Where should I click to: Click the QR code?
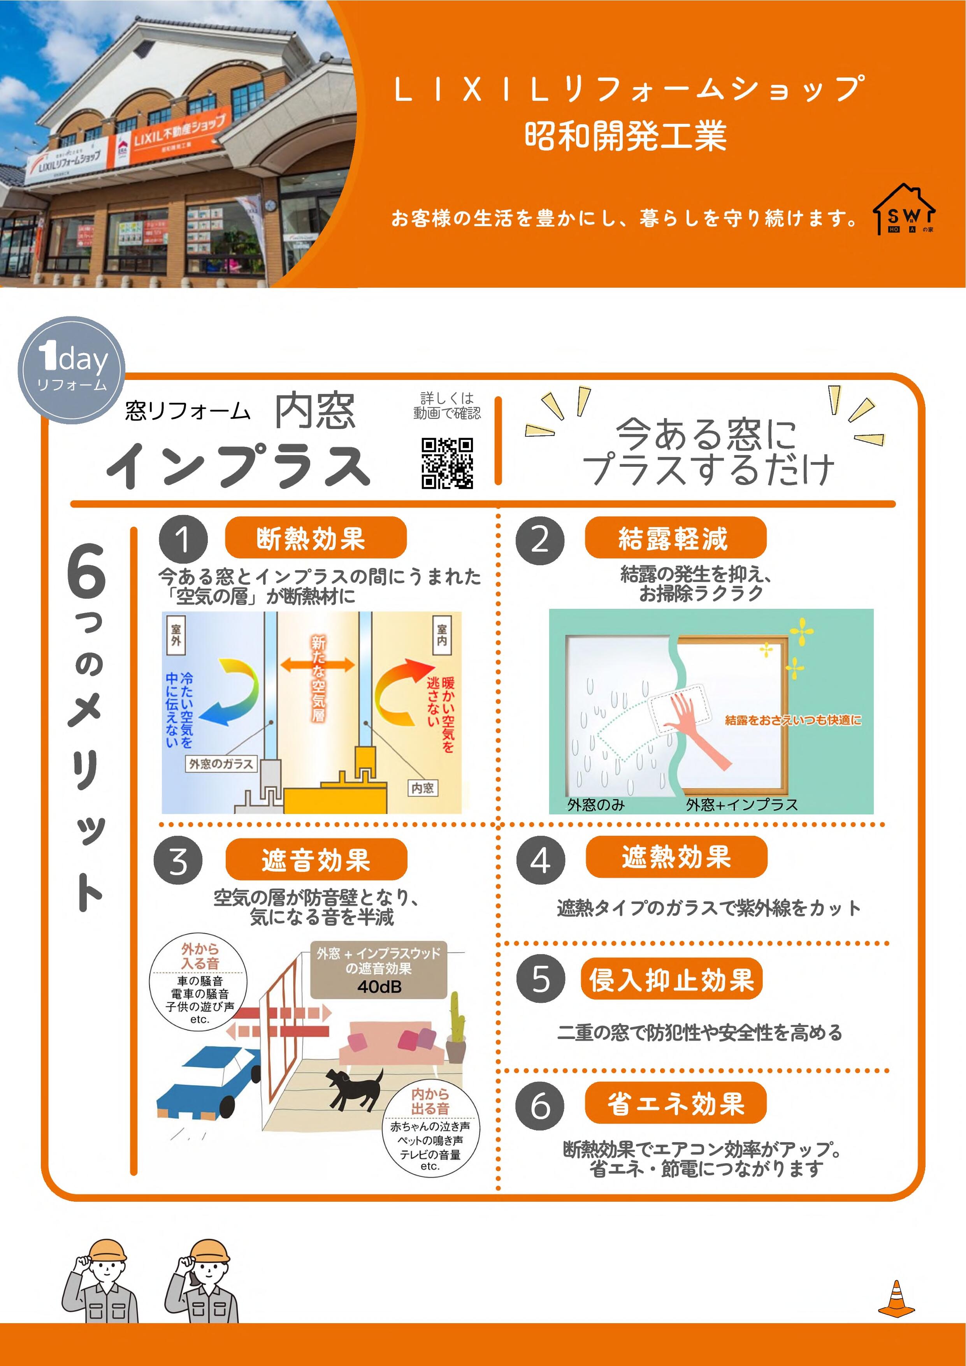tap(447, 464)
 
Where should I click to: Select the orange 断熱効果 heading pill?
tap(315, 538)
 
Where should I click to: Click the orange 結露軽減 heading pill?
tap(675, 538)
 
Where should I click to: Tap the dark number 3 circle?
tap(178, 860)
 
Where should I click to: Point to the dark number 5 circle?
tap(540, 979)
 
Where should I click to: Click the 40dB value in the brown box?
tap(379, 987)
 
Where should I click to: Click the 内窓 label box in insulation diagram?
tap(422, 788)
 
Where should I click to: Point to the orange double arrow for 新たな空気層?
tap(317, 665)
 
